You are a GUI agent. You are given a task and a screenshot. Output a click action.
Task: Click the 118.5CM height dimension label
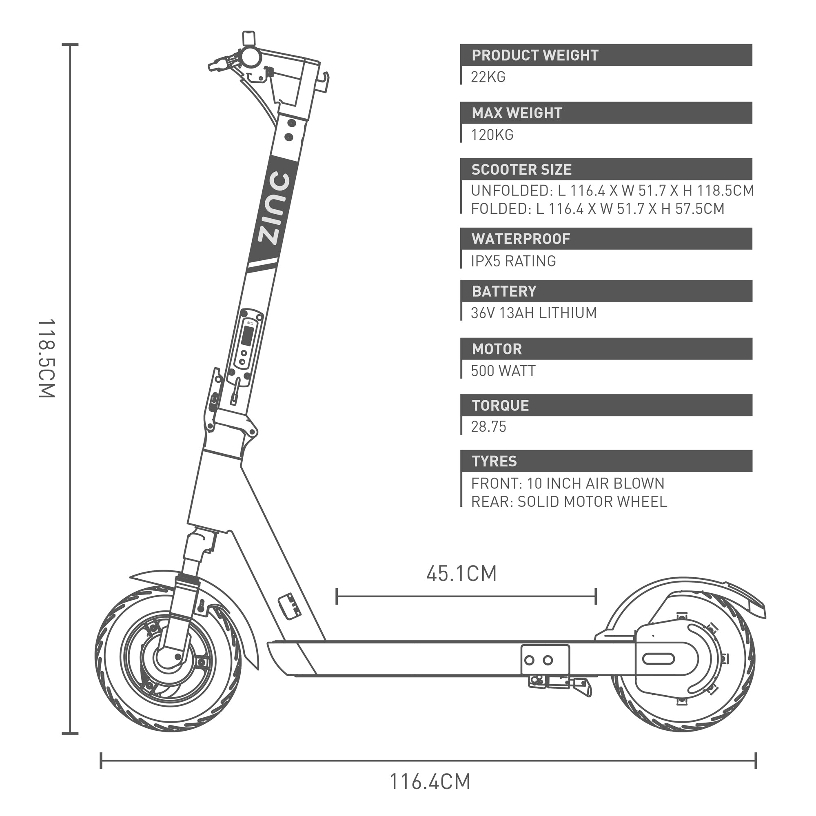click(47, 359)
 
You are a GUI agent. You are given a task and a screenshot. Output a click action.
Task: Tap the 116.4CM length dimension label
click(429, 781)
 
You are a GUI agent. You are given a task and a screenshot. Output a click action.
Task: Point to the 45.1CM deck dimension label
click(461, 573)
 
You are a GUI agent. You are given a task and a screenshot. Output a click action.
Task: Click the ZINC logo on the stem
click(274, 208)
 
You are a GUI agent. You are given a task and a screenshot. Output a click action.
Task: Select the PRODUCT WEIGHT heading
click(535, 55)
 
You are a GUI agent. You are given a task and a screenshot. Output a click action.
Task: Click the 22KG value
click(488, 77)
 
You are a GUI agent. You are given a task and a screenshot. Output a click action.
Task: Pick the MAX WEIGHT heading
click(517, 113)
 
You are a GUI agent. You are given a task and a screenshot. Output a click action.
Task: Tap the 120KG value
click(492, 135)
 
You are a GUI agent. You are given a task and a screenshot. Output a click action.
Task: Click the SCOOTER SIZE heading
click(521, 170)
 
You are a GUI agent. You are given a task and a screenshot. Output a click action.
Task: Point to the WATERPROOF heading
click(521, 239)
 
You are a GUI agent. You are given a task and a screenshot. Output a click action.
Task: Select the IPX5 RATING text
click(513, 261)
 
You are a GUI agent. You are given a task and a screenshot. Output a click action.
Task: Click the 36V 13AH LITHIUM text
click(533, 313)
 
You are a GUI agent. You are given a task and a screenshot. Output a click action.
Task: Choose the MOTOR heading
click(497, 349)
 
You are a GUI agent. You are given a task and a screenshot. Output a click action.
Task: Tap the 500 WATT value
click(503, 371)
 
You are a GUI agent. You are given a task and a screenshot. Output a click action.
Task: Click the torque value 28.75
click(488, 427)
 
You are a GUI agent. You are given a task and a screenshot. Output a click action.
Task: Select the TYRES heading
click(494, 461)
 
